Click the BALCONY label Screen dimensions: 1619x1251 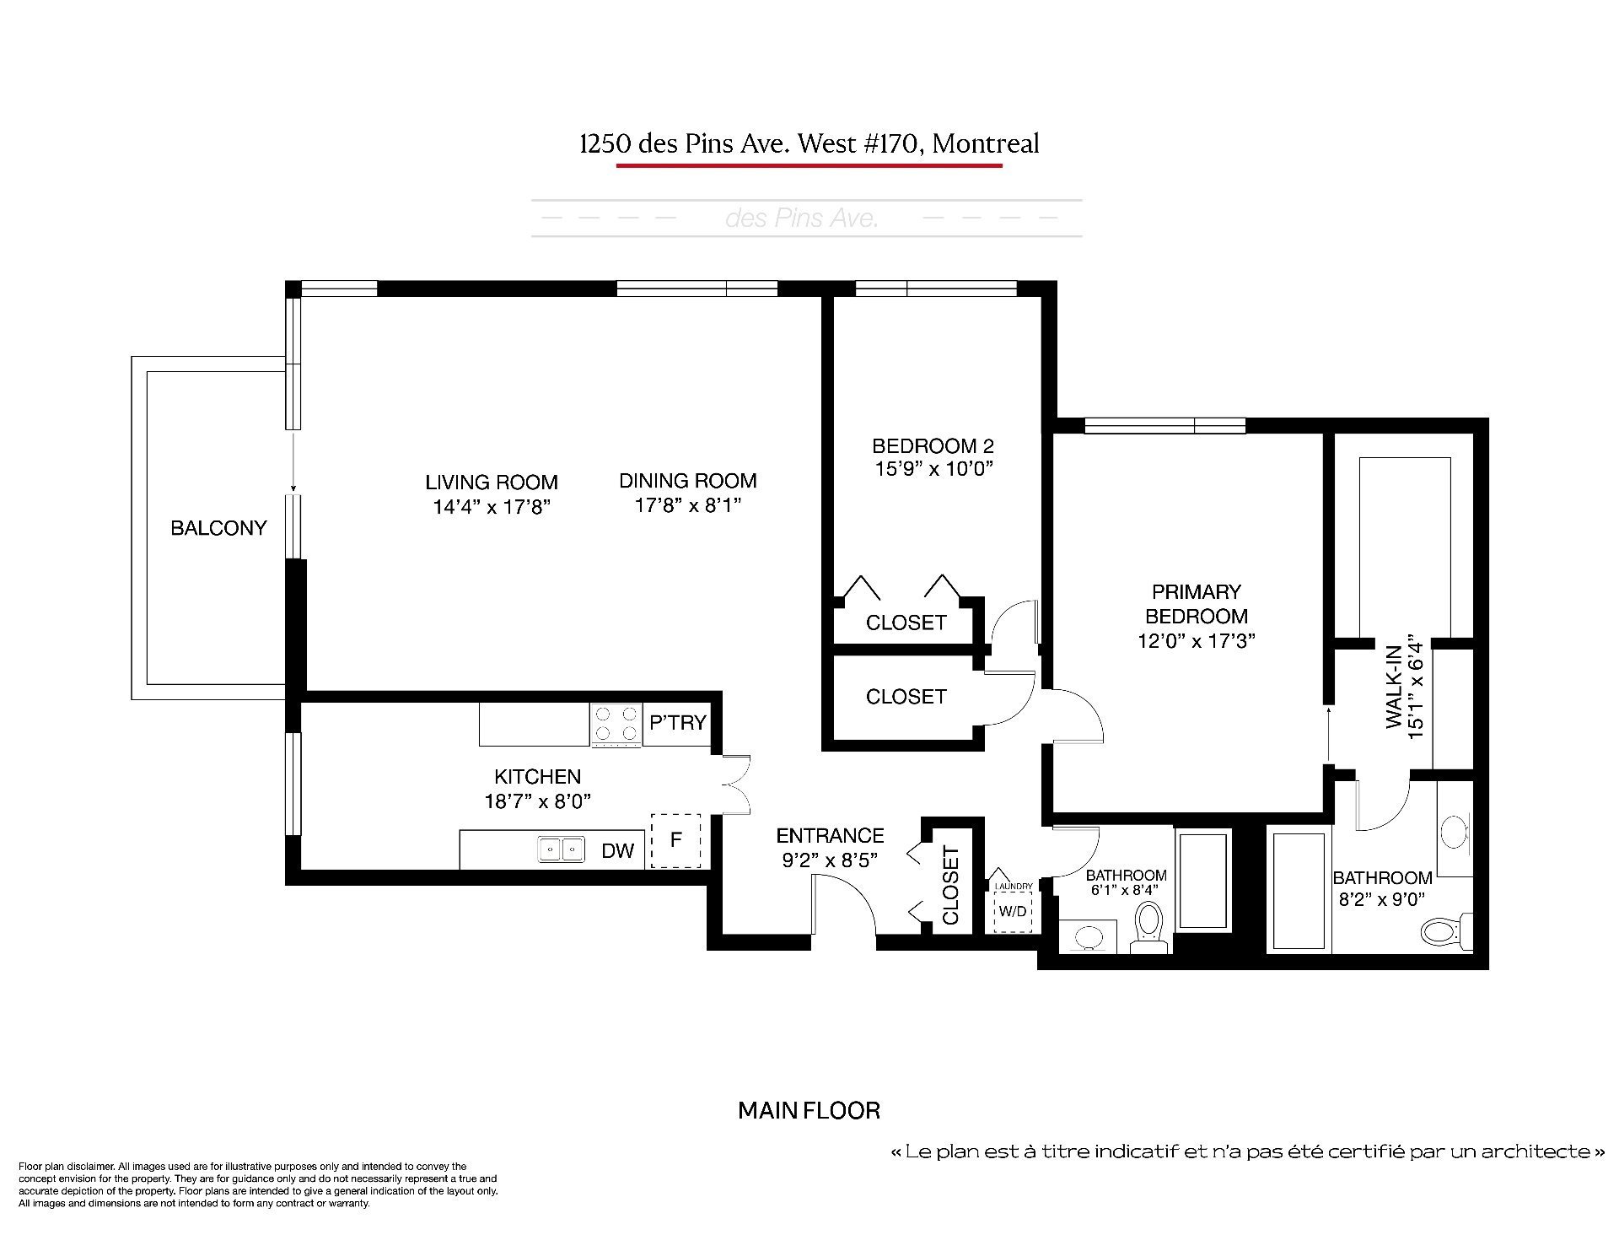tap(218, 528)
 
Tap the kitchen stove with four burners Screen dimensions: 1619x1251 tap(616, 725)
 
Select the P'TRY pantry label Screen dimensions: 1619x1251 tap(678, 723)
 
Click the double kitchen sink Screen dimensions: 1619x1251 tap(562, 849)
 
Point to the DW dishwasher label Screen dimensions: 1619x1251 tap(617, 851)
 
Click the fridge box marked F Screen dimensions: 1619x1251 tap(675, 841)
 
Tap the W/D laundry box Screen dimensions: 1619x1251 tap(1013, 911)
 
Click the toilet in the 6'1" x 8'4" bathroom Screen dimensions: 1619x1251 tap(1149, 927)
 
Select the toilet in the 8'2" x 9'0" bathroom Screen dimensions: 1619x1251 tap(1447, 929)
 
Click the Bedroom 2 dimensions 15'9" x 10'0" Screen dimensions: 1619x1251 tap(933, 469)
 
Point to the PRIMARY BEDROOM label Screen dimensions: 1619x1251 tap(1196, 604)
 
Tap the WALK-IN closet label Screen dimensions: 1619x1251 tap(1394, 687)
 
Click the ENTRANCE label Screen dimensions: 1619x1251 tap(830, 835)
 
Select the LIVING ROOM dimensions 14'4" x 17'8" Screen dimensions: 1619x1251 tap(492, 507)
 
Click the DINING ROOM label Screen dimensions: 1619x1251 tap(688, 481)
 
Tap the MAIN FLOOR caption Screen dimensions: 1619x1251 tap(809, 1110)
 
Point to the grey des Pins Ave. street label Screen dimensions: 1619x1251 tap(802, 218)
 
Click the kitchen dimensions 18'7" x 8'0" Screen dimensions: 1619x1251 tap(537, 801)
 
